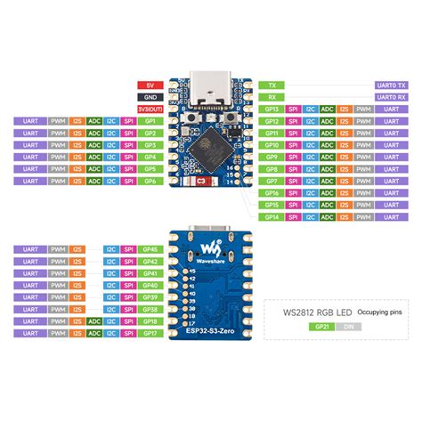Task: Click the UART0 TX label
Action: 389,84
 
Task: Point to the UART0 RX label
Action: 389,95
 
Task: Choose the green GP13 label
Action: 272,108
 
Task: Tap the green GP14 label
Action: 272,216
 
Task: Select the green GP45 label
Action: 150,249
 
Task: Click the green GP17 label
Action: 150,334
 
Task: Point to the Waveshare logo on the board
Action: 208,246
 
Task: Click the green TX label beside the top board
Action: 271,84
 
